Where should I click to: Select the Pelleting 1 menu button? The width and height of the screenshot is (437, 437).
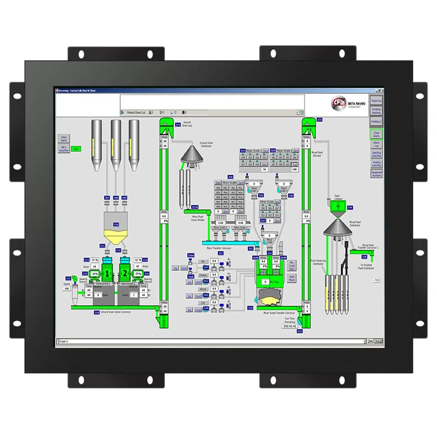tap(376, 121)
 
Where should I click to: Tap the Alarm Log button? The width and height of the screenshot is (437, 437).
tap(376, 144)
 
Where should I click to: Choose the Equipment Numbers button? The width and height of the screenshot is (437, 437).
tap(376, 173)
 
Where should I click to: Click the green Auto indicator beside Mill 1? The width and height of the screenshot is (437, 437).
tap(76, 149)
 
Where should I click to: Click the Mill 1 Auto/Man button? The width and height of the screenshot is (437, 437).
tap(63, 149)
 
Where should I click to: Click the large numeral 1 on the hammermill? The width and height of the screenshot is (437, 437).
tap(108, 273)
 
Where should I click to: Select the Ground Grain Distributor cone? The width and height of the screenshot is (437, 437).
tap(192, 154)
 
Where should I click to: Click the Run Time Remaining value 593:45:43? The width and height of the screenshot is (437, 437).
tap(290, 326)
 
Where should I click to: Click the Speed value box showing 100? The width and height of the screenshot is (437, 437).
tap(67, 288)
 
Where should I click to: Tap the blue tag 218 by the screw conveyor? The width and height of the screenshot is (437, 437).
tap(97, 312)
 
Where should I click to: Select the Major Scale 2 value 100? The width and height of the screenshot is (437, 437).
tap(294, 169)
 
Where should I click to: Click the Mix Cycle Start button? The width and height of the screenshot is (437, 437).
tap(292, 265)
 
